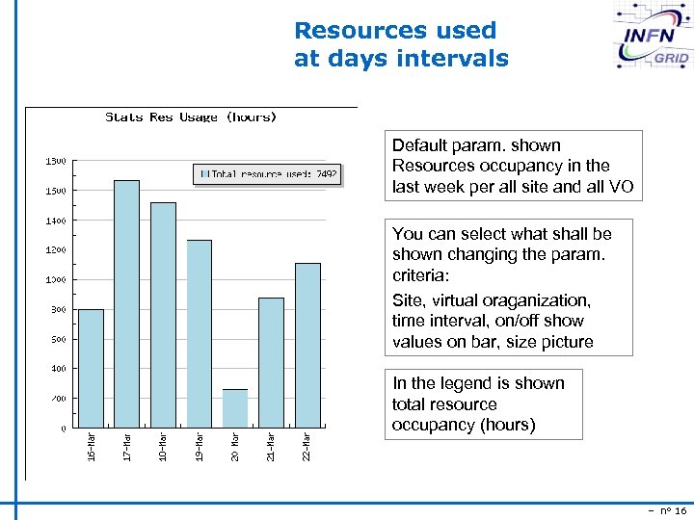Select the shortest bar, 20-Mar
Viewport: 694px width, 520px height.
click(235, 408)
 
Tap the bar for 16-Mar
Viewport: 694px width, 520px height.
click(91, 368)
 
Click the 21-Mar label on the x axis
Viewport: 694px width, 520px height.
click(272, 446)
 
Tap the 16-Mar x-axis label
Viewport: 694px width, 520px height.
click(91, 446)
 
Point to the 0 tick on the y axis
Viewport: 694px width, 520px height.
click(63, 428)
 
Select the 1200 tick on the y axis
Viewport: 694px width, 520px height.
click(57, 249)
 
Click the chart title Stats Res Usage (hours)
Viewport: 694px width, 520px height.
click(191, 117)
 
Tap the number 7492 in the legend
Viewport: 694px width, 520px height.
click(326, 174)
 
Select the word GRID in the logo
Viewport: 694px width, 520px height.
click(670, 58)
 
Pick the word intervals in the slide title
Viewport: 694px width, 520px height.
click(455, 58)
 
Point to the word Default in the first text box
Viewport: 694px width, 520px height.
click(419, 145)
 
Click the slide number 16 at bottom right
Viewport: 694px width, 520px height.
click(681, 510)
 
